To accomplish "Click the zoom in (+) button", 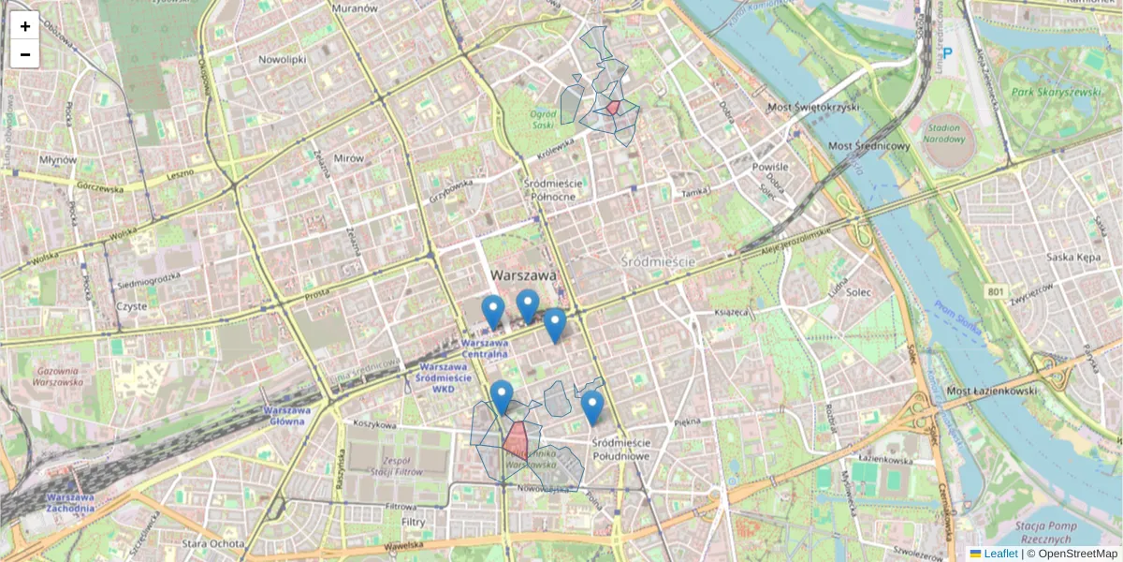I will [x=24, y=26].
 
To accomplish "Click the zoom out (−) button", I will [x=24, y=54].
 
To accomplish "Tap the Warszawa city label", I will [x=522, y=275].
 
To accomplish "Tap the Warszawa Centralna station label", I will [x=485, y=349].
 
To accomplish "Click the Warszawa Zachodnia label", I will [x=70, y=502].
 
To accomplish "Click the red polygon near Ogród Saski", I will [x=612, y=108].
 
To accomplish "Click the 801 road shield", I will [x=995, y=293].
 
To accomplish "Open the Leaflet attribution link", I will [x=999, y=554].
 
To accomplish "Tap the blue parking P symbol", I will [x=948, y=54].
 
